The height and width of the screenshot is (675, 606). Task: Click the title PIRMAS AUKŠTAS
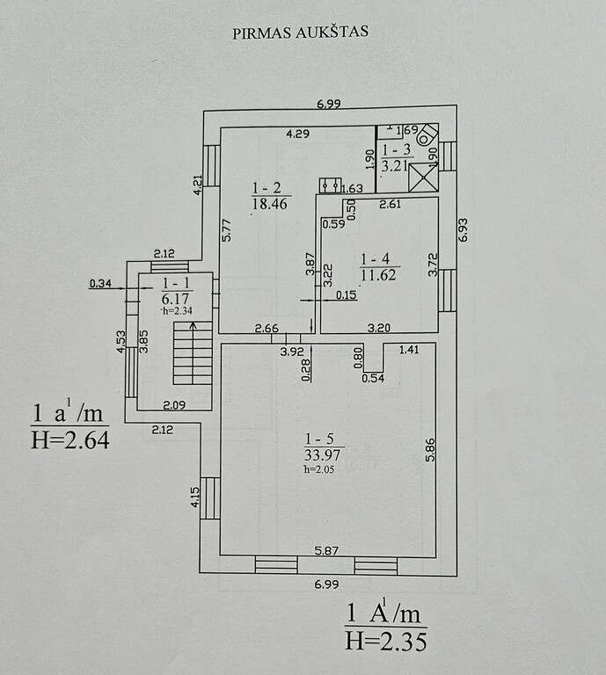click(x=300, y=33)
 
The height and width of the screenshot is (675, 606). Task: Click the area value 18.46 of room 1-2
click(x=270, y=204)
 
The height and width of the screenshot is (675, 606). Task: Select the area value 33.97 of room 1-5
click(x=322, y=455)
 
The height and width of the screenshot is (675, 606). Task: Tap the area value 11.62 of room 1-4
click(x=378, y=274)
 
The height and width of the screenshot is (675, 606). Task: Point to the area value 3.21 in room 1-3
click(x=395, y=165)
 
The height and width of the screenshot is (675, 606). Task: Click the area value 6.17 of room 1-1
click(x=175, y=298)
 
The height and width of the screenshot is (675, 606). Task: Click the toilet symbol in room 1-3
click(x=427, y=134)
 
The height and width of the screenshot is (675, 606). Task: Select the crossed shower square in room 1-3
click(x=423, y=178)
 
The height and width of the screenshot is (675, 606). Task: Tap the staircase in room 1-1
click(x=193, y=352)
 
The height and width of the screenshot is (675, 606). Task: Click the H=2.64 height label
click(x=70, y=440)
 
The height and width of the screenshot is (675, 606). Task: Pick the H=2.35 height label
click(x=386, y=641)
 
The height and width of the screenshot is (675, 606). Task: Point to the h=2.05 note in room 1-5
click(x=319, y=469)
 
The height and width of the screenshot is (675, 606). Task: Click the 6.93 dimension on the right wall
click(x=463, y=230)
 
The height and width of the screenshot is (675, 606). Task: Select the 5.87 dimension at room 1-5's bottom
click(x=326, y=550)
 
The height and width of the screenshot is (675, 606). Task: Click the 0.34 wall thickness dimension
click(x=100, y=283)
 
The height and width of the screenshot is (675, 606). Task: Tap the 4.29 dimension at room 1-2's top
click(x=298, y=134)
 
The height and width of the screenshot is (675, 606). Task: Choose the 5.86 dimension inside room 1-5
click(x=430, y=450)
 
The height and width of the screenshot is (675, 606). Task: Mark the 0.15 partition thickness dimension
click(x=347, y=295)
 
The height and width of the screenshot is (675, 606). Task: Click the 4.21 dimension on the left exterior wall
click(x=197, y=185)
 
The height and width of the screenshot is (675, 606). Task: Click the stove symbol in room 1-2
click(x=331, y=185)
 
